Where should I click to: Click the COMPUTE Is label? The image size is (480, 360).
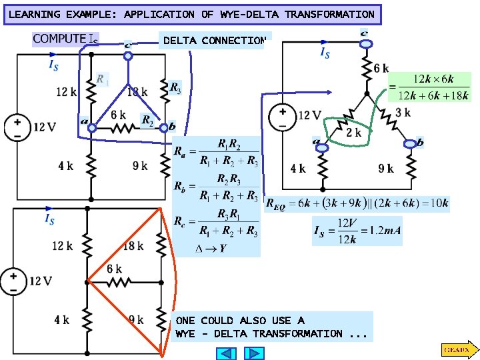(65, 39)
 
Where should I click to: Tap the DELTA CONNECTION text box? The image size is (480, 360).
(213, 41)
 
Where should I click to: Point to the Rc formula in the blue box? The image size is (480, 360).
(216, 224)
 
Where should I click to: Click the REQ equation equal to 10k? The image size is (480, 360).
(357, 203)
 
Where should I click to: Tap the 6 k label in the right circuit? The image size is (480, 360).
(381, 69)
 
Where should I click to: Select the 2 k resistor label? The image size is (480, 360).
(354, 132)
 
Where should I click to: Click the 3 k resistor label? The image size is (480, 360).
(403, 113)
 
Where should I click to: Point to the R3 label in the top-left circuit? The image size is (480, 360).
(175, 87)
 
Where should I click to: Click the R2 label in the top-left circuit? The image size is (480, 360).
(147, 120)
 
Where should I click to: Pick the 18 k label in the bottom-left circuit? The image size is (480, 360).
(133, 246)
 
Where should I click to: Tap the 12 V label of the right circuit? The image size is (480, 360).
(309, 115)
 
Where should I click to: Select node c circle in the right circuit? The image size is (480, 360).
(365, 44)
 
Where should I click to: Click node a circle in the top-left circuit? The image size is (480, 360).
(93, 128)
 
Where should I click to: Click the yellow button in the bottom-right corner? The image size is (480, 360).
(457, 349)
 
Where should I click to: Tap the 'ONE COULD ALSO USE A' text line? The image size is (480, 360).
(240, 321)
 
